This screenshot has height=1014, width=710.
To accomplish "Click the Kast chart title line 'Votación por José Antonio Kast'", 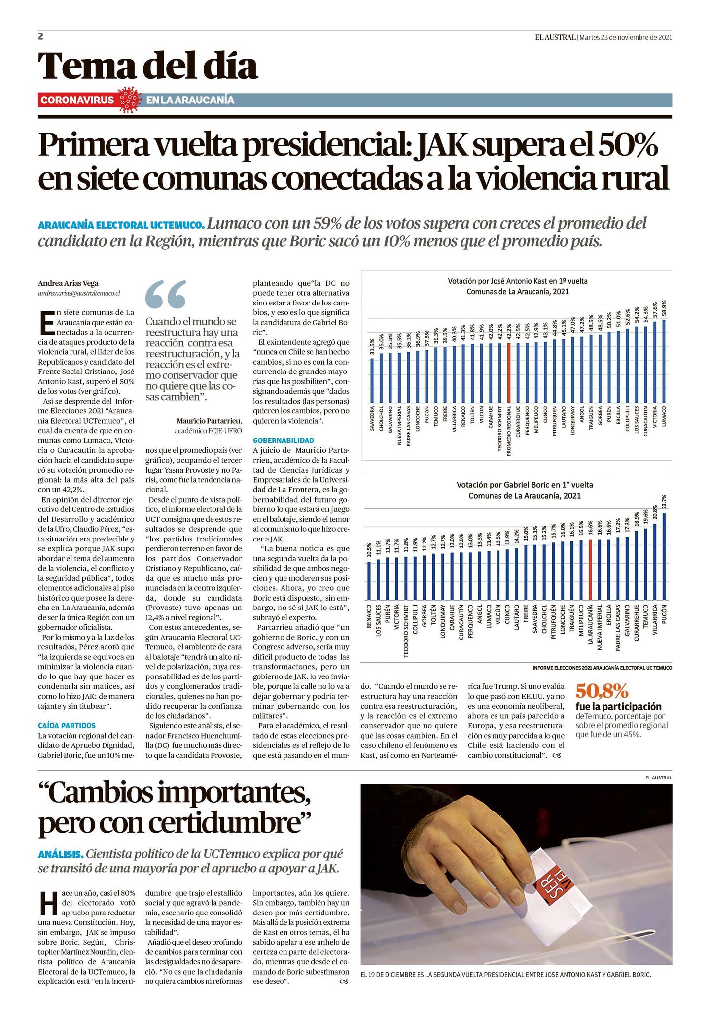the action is pyautogui.click(x=517, y=281).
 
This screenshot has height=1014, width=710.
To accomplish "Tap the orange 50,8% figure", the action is pyautogui.click(x=602, y=691).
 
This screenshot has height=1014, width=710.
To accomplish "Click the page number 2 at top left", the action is pyautogui.click(x=41, y=36).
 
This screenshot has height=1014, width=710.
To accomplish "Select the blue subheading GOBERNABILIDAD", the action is pyautogui.click(x=284, y=440).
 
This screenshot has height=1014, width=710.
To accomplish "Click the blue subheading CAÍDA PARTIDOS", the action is pyautogui.click(x=67, y=725).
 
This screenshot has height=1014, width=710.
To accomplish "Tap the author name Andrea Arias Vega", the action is pyautogui.click(x=68, y=283).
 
